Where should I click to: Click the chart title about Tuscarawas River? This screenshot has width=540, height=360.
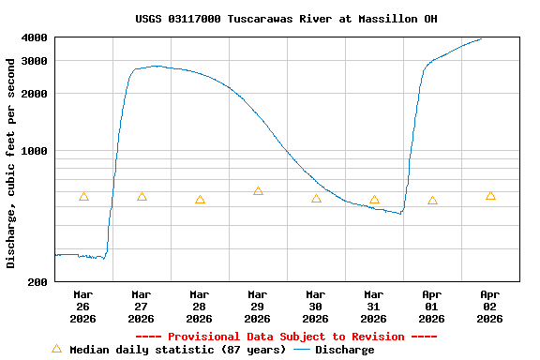[286, 19]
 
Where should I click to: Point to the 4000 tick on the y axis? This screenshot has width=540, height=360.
[35, 37]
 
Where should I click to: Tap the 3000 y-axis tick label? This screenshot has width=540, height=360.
[35, 61]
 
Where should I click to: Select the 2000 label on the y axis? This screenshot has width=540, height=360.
[35, 94]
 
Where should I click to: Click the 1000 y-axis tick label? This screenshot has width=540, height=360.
[35, 151]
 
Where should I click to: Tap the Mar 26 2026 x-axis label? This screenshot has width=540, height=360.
[82, 306]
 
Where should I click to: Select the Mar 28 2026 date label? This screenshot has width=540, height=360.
[199, 306]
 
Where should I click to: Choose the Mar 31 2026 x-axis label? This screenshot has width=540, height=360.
[373, 306]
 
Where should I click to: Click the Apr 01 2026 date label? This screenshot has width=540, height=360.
[431, 306]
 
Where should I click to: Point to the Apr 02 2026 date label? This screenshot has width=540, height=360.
[489, 306]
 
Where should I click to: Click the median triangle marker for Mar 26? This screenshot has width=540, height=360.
[83, 196]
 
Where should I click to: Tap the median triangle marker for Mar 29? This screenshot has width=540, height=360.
[258, 191]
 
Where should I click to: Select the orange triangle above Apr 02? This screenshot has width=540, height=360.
[490, 196]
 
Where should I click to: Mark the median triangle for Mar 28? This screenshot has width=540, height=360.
[200, 200]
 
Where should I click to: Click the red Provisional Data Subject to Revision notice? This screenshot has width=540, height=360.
[286, 337]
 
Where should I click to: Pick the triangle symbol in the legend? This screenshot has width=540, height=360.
[56, 349]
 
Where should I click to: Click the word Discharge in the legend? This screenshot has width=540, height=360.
[344, 350]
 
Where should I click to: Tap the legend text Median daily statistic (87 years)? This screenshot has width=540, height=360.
[177, 350]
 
